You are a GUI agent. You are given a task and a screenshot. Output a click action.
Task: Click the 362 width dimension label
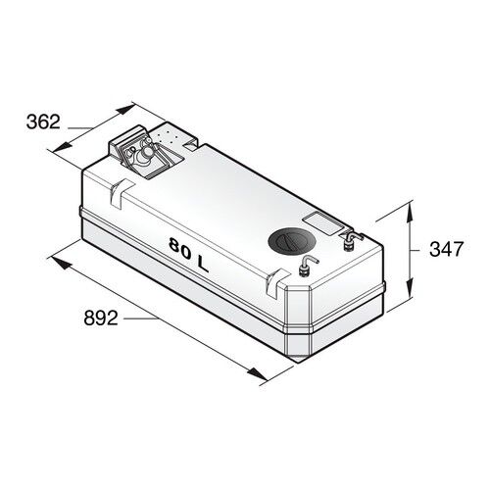(43, 122)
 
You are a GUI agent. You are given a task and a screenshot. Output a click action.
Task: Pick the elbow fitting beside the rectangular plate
(349, 238)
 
